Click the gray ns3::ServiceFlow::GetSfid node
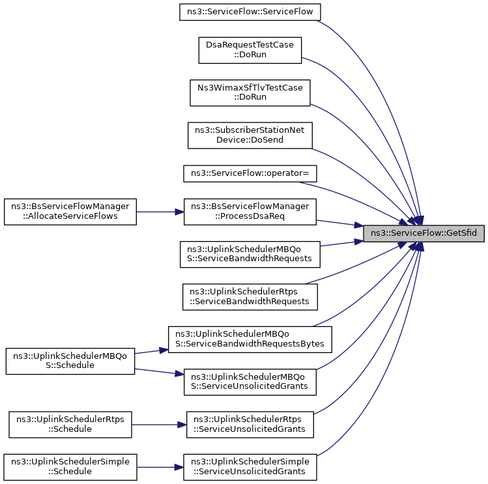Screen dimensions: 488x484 [423, 233]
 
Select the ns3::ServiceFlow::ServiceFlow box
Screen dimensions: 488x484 [250, 12]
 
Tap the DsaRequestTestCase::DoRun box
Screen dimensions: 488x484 [250, 50]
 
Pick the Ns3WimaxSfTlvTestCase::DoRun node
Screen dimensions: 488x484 [250, 93]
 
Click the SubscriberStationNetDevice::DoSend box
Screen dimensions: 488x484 [250, 135]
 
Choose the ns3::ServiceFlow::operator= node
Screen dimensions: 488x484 [250, 173]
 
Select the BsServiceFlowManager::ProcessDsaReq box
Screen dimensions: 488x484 [250, 212]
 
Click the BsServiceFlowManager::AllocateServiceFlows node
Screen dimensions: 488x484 [70, 212]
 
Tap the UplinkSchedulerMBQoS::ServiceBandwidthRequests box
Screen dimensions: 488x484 [250, 254]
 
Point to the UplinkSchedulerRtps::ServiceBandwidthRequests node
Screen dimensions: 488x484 [250, 297]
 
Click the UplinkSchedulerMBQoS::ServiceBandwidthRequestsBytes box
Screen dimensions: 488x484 [250, 339]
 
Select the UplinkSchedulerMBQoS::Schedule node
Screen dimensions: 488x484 [70, 361]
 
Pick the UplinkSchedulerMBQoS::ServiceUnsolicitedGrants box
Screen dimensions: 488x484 [250, 382]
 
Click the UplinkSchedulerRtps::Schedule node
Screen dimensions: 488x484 [70, 425]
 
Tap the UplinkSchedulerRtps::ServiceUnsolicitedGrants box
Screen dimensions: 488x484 [250, 425]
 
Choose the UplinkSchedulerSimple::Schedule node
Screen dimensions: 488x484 [70, 467]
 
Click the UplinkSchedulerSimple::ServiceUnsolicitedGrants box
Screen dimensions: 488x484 [250, 467]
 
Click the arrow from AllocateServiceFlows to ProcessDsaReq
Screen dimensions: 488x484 [160, 212]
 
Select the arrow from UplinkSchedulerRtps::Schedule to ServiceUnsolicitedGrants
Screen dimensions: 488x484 [159, 425]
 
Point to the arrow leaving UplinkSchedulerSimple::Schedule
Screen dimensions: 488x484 [160, 467]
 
